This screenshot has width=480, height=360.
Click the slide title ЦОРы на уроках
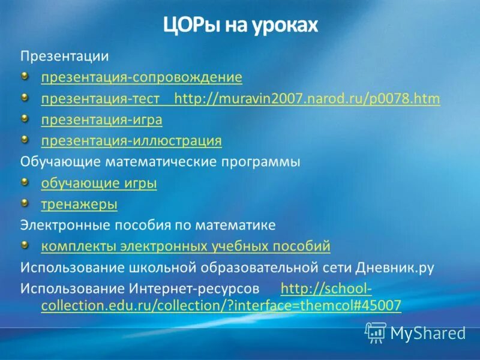pos(239,26)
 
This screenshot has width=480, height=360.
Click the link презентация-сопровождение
pos(142,77)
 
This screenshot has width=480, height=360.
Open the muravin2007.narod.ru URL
pos(307,98)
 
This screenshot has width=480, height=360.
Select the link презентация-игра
pos(101,120)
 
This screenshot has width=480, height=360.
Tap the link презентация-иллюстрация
pos(131,141)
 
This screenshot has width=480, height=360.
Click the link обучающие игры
pos(99,183)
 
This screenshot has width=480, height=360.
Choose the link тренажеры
pos(79,204)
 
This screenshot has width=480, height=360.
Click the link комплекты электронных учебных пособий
pos(185,246)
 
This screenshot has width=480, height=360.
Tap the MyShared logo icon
pos(376,332)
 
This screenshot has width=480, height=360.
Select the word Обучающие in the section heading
pos(62,162)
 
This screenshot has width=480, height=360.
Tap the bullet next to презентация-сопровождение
pos(25,76)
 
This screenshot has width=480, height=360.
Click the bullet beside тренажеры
pos(25,203)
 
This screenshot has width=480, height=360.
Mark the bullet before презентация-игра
pos(25,119)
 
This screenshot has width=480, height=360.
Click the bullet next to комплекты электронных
pos(25,245)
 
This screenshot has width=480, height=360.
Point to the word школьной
pos(158,268)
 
